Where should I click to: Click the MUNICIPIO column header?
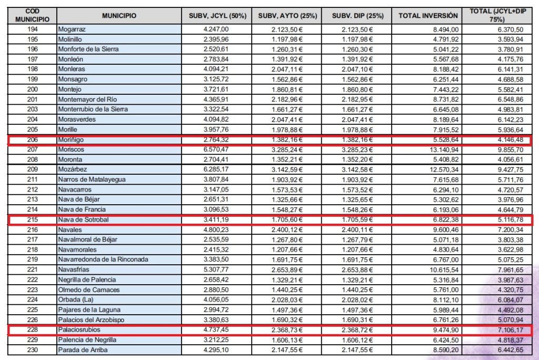[x=119, y=16]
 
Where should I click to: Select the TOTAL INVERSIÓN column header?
[x=427, y=16]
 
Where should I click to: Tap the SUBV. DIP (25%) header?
[x=356, y=16]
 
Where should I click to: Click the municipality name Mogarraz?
[x=73, y=29]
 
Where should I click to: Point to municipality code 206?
[x=32, y=140]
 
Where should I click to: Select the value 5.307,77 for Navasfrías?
[x=217, y=270]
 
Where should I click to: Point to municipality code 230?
[x=32, y=350]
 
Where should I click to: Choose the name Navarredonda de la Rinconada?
[x=103, y=259]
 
